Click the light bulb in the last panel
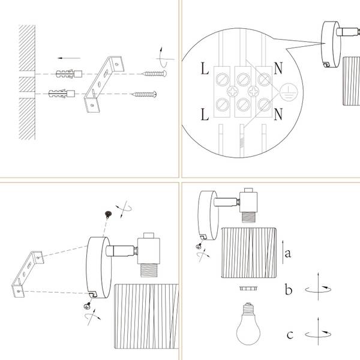[x=248, y=324]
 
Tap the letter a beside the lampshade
[x=287, y=253]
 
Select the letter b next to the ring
[x=289, y=289]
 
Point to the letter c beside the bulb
[x=290, y=335]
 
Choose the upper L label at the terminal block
[x=205, y=68]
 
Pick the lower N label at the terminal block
[x=278, y=114]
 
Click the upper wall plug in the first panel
[x=69, y=74]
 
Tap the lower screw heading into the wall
[x=144, y=94]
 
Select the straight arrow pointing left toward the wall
[x=69, y=58]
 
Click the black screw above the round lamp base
[x=108, y=214]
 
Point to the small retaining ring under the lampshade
[x=248, y=288]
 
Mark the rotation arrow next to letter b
[x=318, y=289]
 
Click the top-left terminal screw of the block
[x=222, y=79]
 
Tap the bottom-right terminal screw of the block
[x=264, y=104]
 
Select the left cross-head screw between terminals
[x=233, y=91]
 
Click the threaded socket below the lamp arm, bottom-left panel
[x=149, y=270]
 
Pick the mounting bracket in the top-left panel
[x=104, y=84]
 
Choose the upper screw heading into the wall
[x=154, y=74]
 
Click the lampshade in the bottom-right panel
[x=249, y=253]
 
